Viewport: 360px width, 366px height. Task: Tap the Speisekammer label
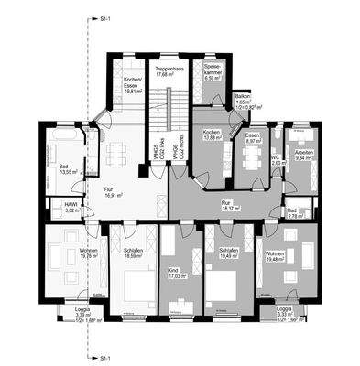coord(213,72)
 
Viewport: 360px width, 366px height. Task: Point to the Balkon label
coord(242,99)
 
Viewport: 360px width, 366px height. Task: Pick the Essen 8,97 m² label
coord(255,138)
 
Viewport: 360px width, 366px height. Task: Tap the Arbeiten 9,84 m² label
coord(301,153)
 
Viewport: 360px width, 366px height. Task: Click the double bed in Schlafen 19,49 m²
coord(225,286)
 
